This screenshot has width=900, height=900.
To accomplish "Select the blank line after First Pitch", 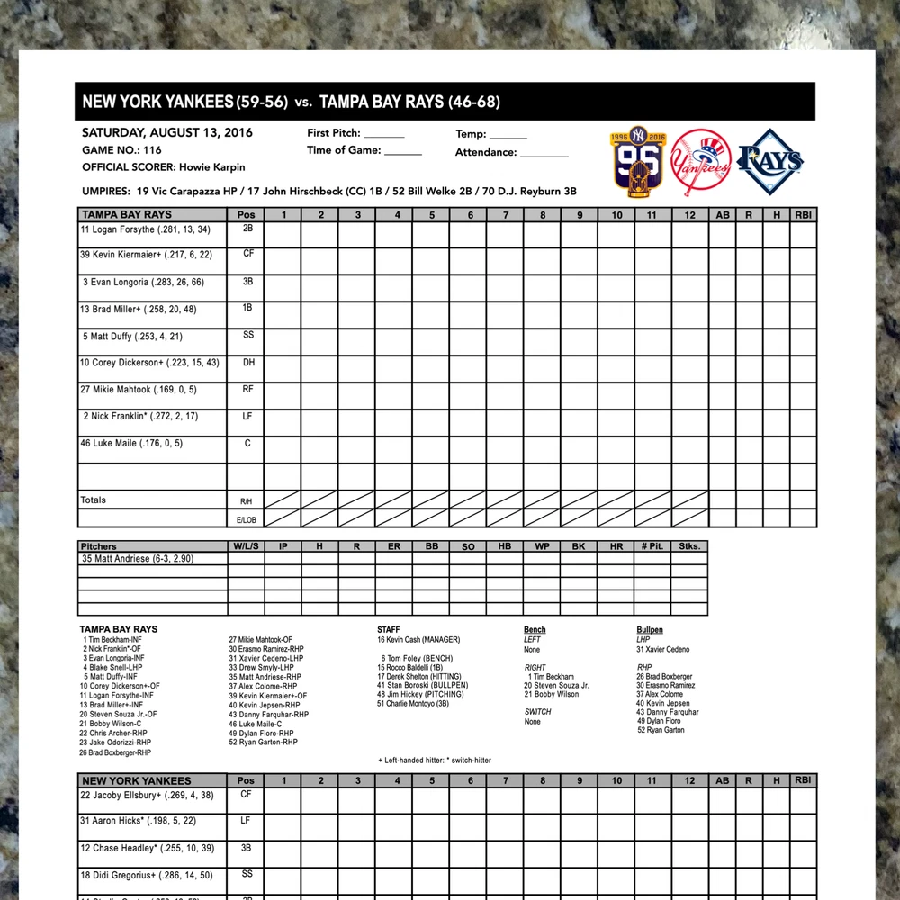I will [x=384, y=135].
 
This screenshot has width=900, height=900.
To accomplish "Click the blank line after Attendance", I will [x=544, y=154].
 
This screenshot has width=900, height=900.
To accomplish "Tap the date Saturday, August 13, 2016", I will [x=167, y=133].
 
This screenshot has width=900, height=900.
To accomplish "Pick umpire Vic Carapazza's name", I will [x=192, y=192].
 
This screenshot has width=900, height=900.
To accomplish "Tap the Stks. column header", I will [x=688, y=546].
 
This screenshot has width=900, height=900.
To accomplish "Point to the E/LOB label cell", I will [x=245, y=519].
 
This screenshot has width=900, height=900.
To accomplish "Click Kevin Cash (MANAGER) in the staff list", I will [x=418, y=640].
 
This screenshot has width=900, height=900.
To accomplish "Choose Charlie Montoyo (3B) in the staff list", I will [x=416, y=704].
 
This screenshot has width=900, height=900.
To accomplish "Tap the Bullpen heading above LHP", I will [x=650, y=630].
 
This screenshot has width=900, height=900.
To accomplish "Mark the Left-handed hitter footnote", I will [x=435, y=760].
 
